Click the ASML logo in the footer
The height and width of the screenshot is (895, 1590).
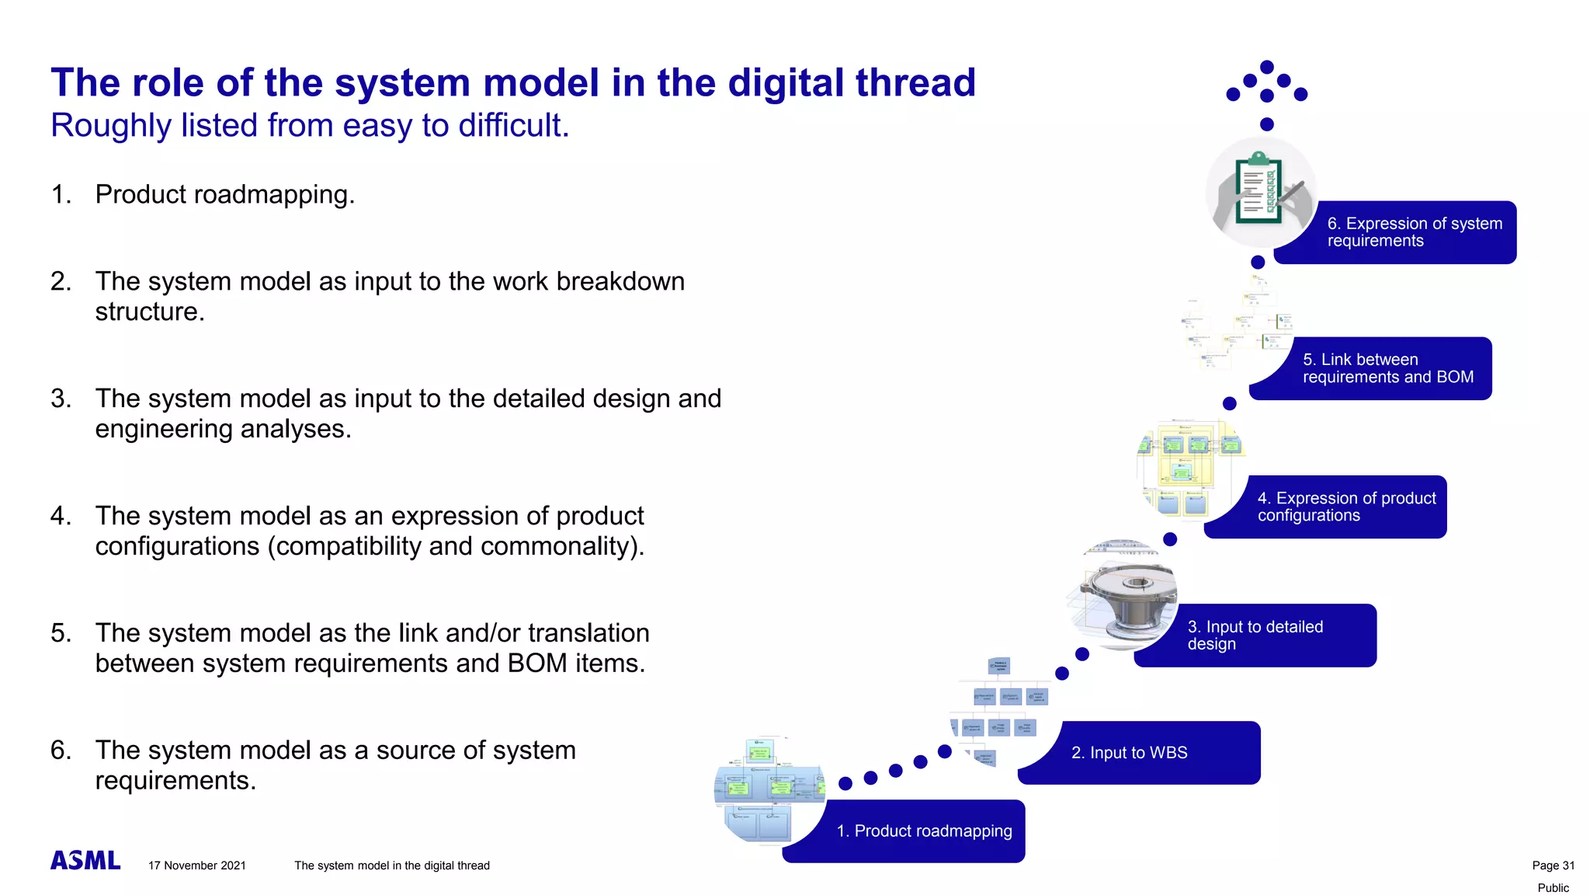pyautogui.click(x=85, y=860)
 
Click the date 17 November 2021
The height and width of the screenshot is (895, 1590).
pyautogui.click(x=197, y=865)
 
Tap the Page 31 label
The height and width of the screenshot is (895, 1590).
pyautogui.click(x=1553, y=865)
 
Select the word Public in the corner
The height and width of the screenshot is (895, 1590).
pyautogui.click(x=1553, y=888)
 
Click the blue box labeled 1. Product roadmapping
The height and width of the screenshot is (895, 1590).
pyautogui.click(x=924, y=831)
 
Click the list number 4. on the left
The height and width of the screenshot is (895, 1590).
pyautogui.click(x=61, y=516)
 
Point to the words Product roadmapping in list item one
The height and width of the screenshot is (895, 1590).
pyautogui.click(x=224, y=194)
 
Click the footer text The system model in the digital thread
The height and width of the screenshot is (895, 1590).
pyautogui.click(x=392, y=865)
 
